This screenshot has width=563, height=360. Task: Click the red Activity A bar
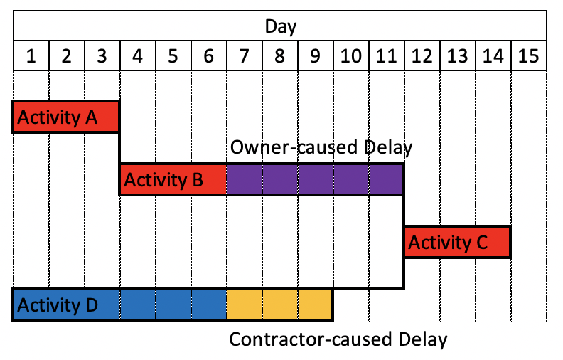(66, 117)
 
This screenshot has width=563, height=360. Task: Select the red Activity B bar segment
(173, 179)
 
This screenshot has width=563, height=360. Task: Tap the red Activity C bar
(457, 243)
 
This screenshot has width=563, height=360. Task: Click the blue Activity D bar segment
(119, 305)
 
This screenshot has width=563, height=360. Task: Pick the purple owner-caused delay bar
(315, 179)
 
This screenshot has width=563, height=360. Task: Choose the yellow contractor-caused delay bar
(279, 305)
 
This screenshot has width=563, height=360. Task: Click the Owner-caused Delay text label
(321, 149)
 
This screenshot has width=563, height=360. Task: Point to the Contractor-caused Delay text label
(338, 339)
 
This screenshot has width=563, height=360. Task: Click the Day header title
(281, 27)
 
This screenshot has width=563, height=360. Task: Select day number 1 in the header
(31, 56)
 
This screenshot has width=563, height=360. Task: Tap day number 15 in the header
(528, 56)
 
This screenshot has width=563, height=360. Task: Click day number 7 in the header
(244, 56)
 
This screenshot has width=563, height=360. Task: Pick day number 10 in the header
(350, 56)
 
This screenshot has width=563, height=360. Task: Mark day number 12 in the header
(422, 56)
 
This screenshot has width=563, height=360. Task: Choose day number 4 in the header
(137, 56)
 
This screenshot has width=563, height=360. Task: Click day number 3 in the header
(102, 56)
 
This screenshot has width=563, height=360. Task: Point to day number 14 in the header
(493, 56)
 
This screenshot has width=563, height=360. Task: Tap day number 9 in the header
(315, 56)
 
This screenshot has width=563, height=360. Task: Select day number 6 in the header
(208, 56)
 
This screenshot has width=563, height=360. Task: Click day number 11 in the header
(386, 56)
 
